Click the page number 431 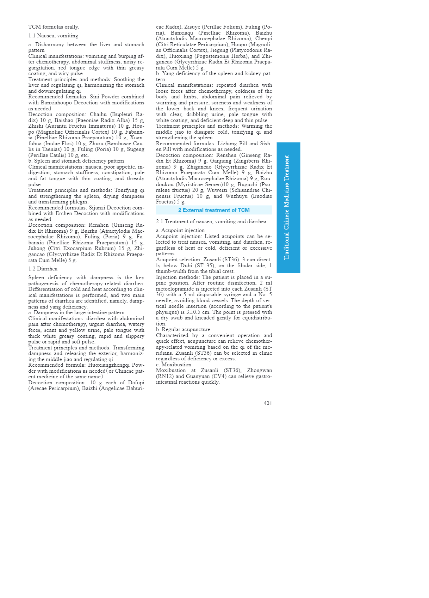tap(268, 403)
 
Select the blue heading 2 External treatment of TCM tap(214, 210)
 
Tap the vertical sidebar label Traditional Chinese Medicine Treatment tap(287, 207)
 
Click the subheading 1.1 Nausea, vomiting tap(53, 36)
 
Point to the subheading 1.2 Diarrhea tap(43, 269)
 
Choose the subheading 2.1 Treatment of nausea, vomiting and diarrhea tap(211, 221)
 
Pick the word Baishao tap(64, 120)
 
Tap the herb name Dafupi tap(136, 383)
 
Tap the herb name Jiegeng tap(219, 50)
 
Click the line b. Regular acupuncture tap(183, 329)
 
